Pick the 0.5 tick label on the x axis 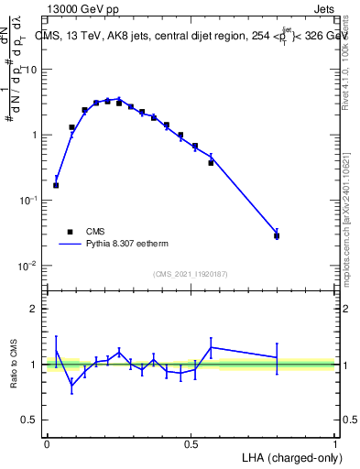coord(191,442)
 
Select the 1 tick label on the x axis coord(334,442)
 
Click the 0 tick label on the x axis coord(47,442)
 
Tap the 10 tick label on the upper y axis coord(33,70)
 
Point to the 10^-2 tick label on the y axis coord(29,266)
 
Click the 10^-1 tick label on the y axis coord(29,200)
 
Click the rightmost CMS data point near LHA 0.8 coord(277,235)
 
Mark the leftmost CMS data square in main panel coord(56,185)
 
